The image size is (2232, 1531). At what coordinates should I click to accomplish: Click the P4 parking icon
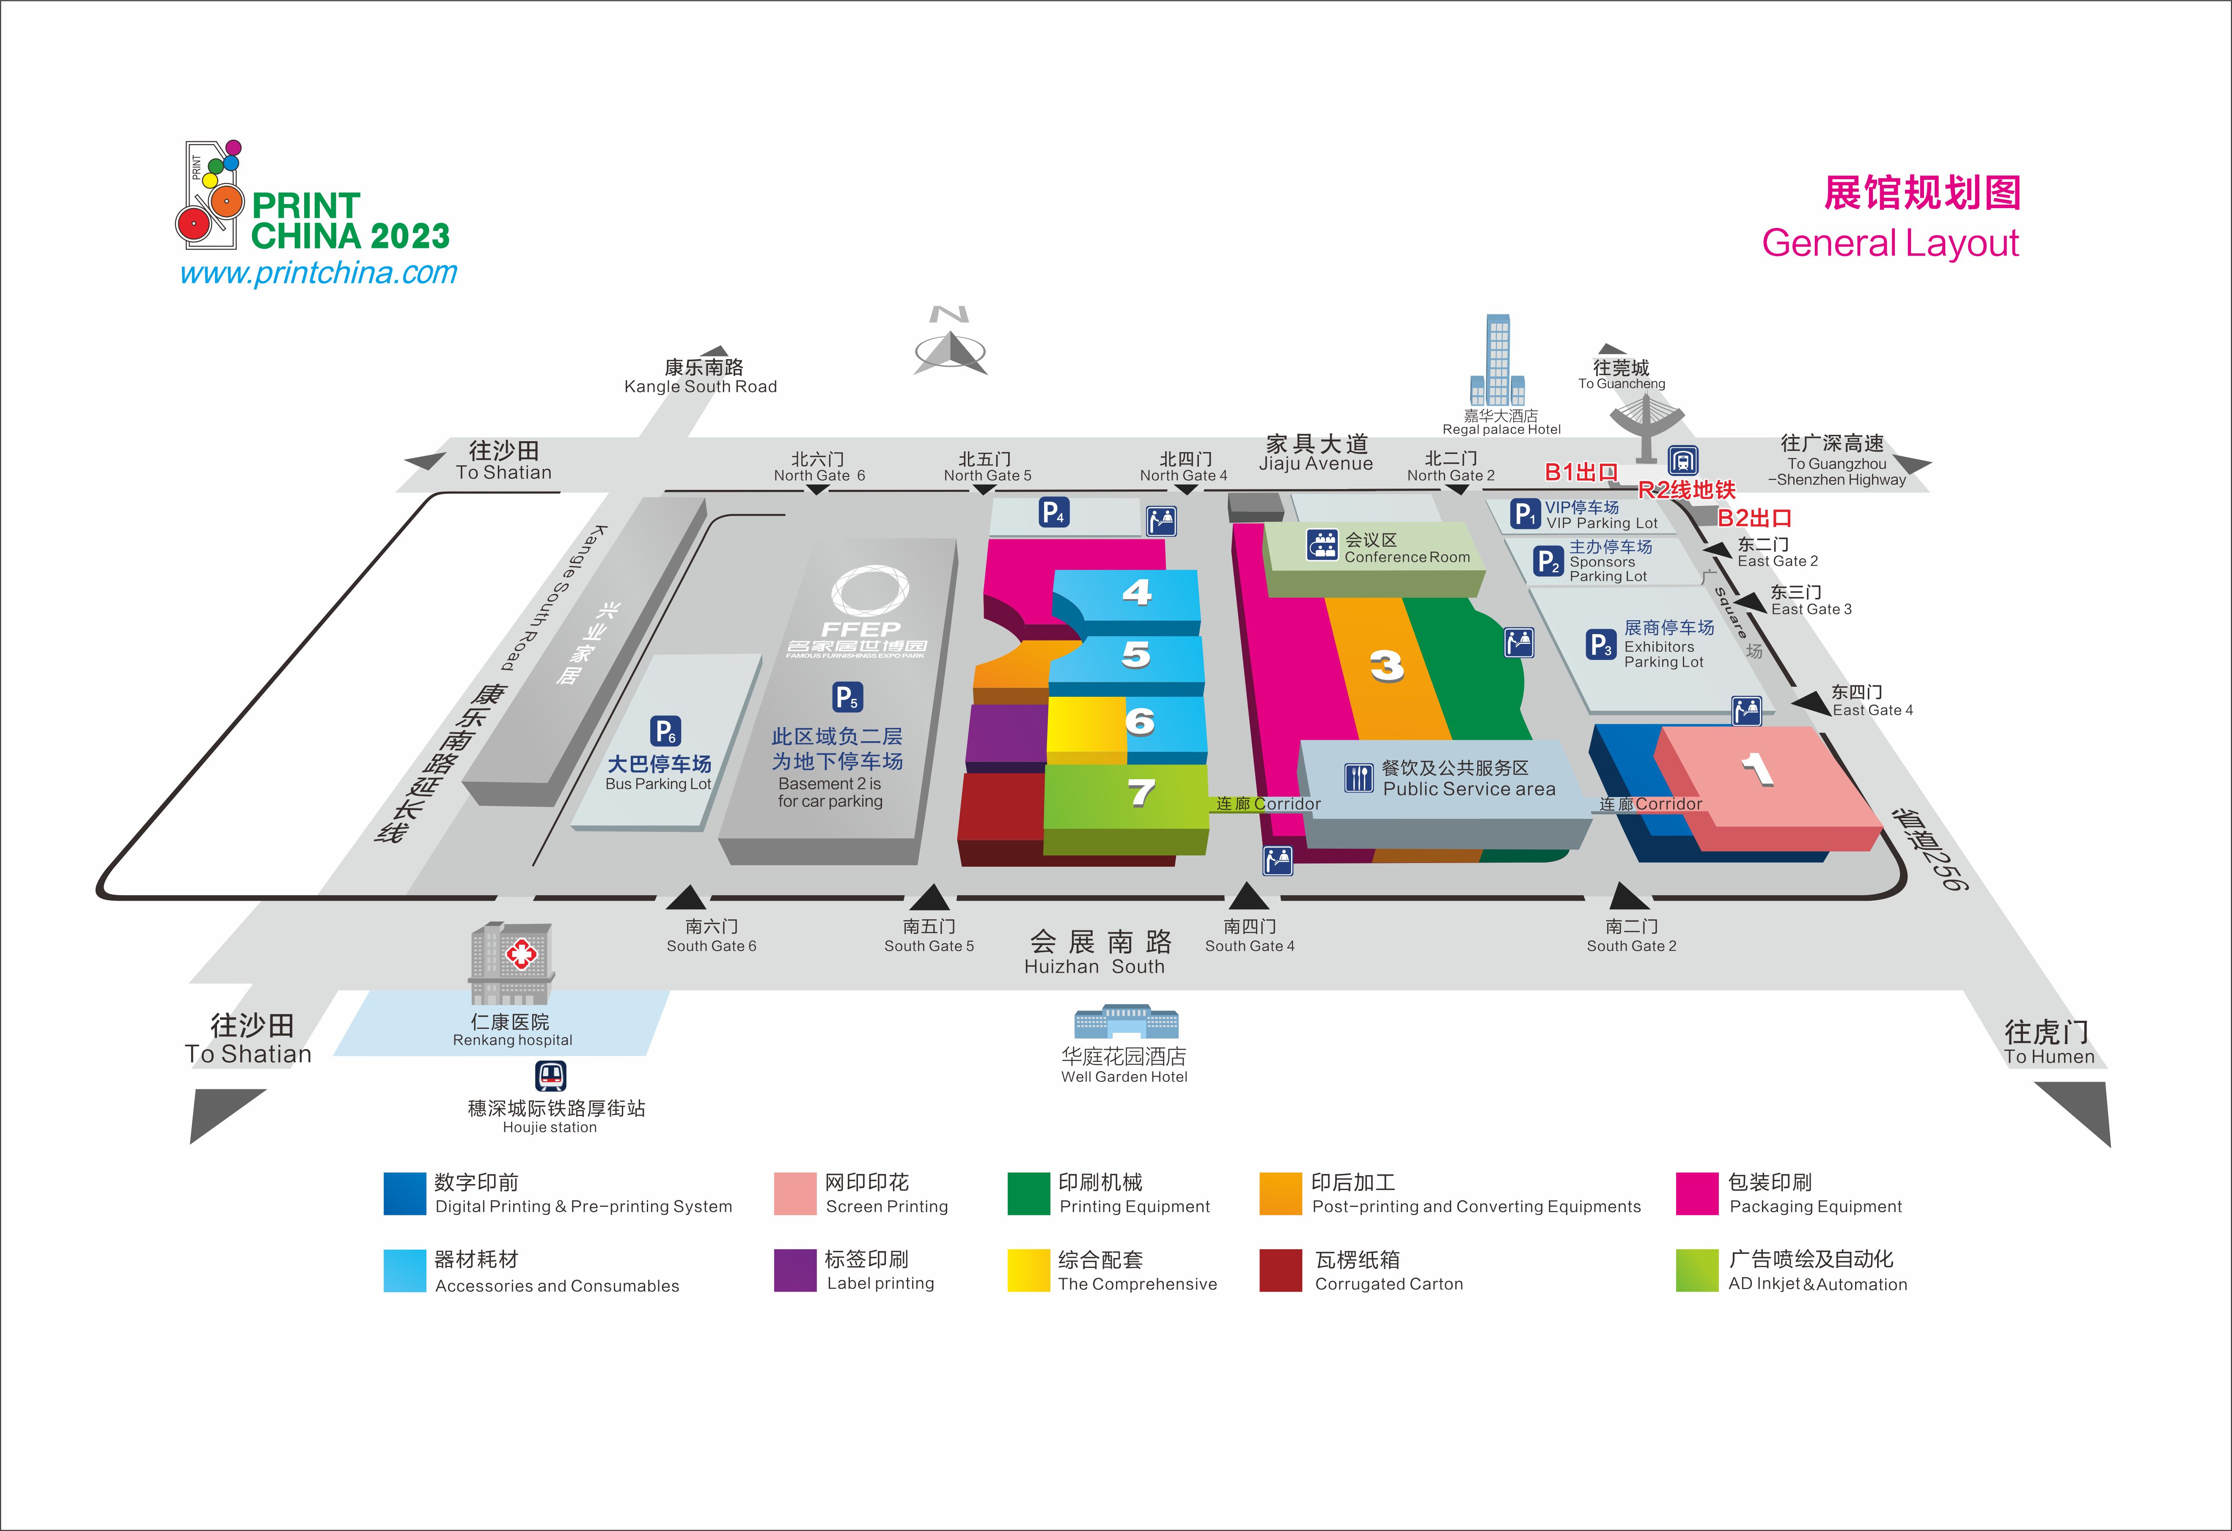click(1053, 512)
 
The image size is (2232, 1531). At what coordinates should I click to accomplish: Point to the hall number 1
click(1758, 768)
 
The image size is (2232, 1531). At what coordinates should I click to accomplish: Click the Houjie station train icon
click(550, 1076)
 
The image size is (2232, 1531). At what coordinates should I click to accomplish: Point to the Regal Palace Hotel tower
click(1497, 360)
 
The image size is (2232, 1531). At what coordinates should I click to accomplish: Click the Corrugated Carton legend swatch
click(1280, 1271)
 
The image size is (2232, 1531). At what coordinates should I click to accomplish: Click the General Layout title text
click(1890, 243)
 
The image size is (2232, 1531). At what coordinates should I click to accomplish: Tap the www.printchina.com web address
click(319, 273)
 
